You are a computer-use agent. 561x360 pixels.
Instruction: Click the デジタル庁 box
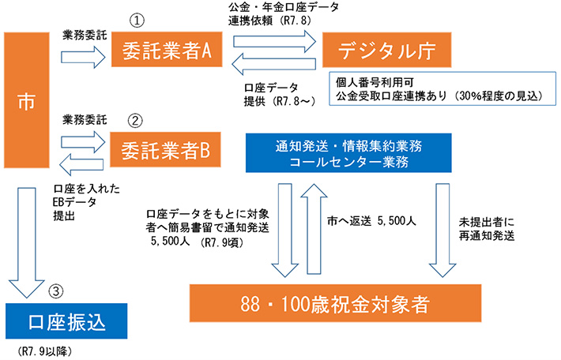tap(386, 52)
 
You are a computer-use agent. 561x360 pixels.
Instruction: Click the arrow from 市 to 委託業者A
tap(83, 55)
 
